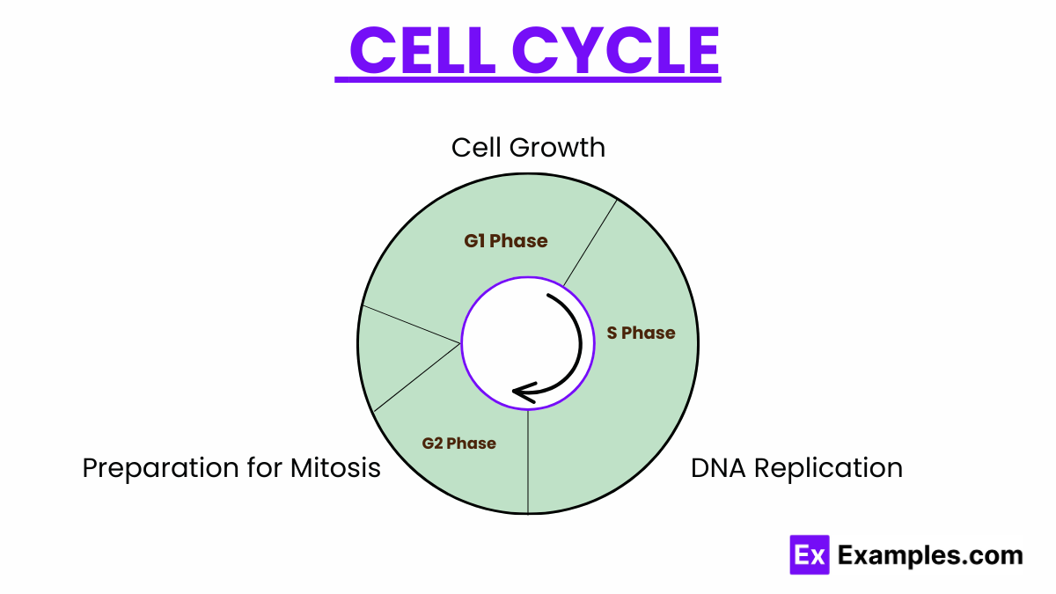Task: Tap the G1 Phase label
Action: [506, 240]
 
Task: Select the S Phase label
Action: [641, 333]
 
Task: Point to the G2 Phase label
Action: [458, 443]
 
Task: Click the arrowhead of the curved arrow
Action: [520, 392]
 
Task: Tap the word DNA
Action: [716, 467]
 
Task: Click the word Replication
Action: [827, 467]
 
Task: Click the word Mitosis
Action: [335, 467]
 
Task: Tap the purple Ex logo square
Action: [810, 554]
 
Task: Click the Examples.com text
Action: [930, 555]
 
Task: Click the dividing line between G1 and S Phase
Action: [590, 244]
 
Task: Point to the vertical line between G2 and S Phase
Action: [528, 462]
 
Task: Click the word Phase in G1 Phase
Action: [519, 240]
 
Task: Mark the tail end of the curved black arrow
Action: [550, 297]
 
